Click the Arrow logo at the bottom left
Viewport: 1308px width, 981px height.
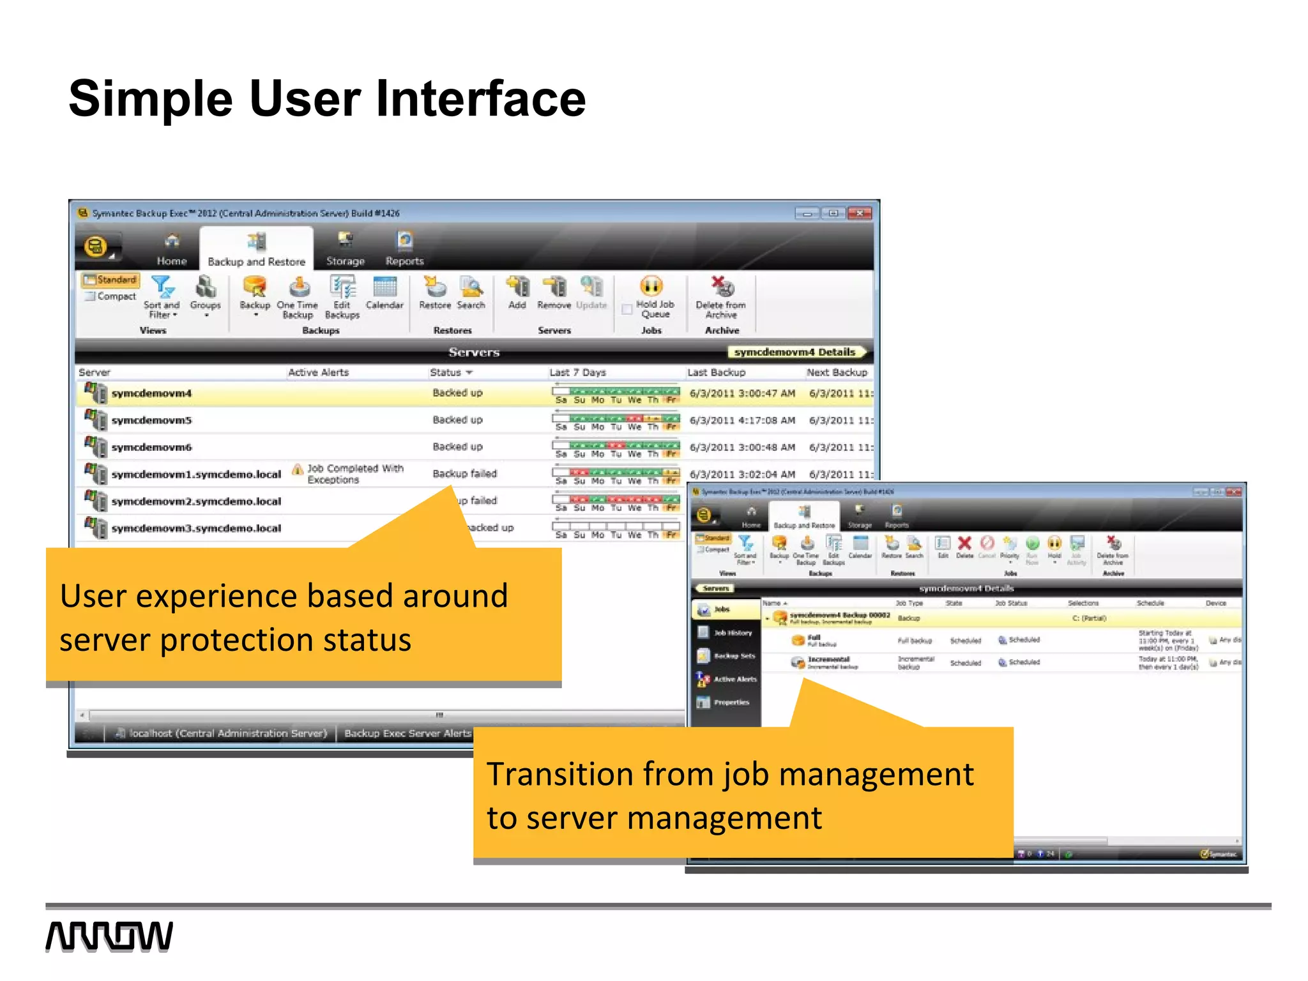[x=109, y=936]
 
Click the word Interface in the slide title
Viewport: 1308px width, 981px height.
[x=480, y=99]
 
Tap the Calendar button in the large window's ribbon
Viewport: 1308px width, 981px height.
[x=384, y=293]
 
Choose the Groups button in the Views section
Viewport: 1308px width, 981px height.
[x=205, y=293]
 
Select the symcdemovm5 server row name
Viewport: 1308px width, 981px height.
[x=151, y=420]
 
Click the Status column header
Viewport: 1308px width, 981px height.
[x=446, y=372]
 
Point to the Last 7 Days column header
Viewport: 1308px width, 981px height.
[x=577, y=372]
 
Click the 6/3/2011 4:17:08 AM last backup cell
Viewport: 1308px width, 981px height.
[x=742, y=420]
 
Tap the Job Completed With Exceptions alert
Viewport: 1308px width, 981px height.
[x=354, y=474]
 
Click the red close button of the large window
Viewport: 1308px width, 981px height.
[x=860, y=213]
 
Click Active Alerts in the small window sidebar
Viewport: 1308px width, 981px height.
[x=734, y=679]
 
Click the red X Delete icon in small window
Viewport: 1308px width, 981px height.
[x=964, y=544]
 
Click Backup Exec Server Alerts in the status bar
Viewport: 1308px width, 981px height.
[x=407, y=733]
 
